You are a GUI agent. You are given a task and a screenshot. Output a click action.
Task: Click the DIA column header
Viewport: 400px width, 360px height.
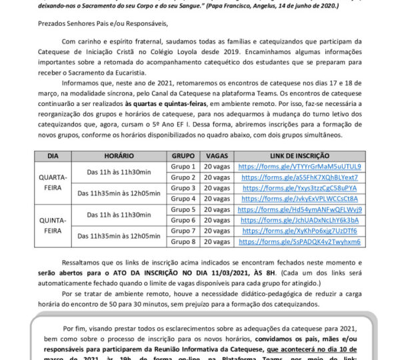pyautogui.click(x=53, y=155)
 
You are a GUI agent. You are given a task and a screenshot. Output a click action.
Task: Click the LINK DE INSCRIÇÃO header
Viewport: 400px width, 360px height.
pyautogui.click(x=300, y=155)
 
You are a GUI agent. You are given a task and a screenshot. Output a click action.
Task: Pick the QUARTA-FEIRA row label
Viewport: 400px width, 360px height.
pyautogui.click(x=53, y=182)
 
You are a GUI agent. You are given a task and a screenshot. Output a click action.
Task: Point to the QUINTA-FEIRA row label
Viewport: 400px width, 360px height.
pyautogui.click(x=53, y=225)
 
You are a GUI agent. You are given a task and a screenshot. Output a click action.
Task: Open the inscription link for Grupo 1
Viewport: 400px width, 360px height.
pyautogui.click(x=300, y=166)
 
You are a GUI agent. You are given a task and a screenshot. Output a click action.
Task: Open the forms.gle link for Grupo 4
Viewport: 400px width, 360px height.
pyautogui.click(x=300, y=199)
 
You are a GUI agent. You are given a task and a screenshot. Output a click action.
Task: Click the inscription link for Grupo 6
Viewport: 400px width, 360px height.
pyautogui.click(x=300, y=220)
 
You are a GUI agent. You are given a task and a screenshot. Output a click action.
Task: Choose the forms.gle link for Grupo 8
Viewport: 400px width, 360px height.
pyautogui.click(x=300, y=241)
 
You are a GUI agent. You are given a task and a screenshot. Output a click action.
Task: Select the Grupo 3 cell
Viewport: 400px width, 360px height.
pyautogui.click(x=183, y=188)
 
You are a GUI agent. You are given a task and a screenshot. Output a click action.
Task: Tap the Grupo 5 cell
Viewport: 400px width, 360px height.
pyautogui.click(x=183, y=209)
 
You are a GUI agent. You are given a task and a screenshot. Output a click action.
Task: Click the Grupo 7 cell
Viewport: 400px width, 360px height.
pyautogui.click(x=183, y=231)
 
